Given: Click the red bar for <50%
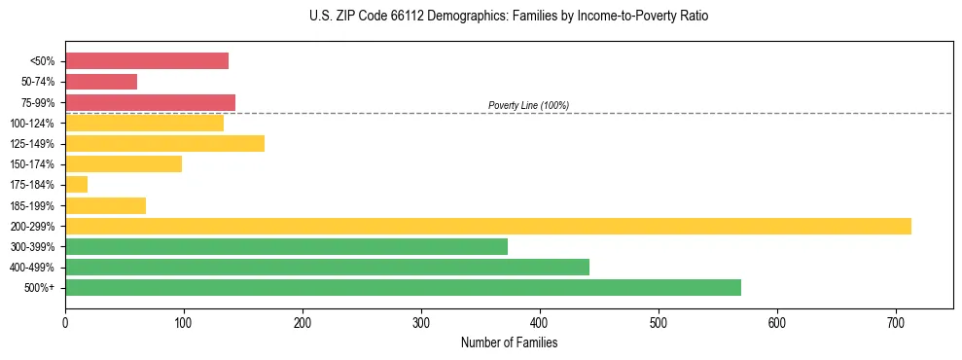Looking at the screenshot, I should coord(147,61).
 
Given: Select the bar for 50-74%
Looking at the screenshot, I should coord(101,82).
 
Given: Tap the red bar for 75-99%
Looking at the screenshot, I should coord(150,102).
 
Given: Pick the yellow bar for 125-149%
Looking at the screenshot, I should coord(164,144).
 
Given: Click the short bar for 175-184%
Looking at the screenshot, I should coord(77,185).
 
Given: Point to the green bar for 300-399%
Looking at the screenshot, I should coord(286,247).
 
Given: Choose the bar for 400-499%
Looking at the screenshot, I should coord(327,268).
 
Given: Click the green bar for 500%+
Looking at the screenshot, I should coord(403,288).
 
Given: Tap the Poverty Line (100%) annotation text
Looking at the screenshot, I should coord(528,105).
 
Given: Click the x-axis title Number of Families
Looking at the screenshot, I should coord(509,342).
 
